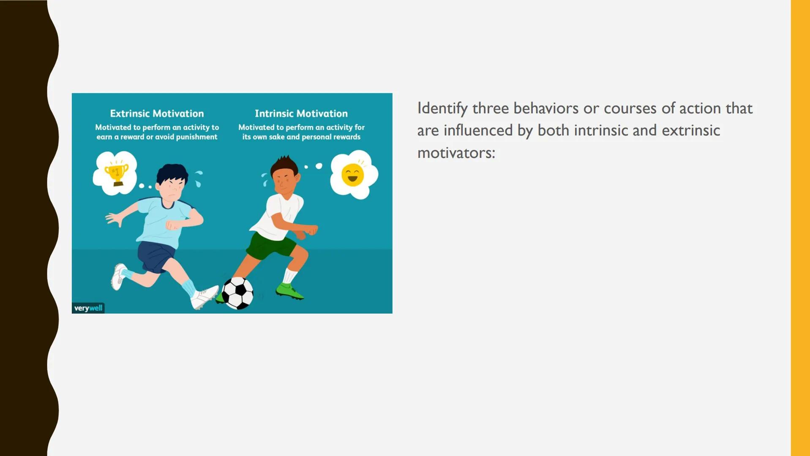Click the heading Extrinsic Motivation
(157, 114)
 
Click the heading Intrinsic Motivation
(301, 114)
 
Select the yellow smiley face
(353, 175)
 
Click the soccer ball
(237, 293)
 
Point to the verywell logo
(88, 308)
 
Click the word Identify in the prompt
(442, 109)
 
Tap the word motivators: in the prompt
(456, 153)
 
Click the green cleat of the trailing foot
(289, 291)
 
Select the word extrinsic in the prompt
(691, 130)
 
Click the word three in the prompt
(490, 109)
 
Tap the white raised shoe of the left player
(119, 277)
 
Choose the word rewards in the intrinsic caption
(346, 137)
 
